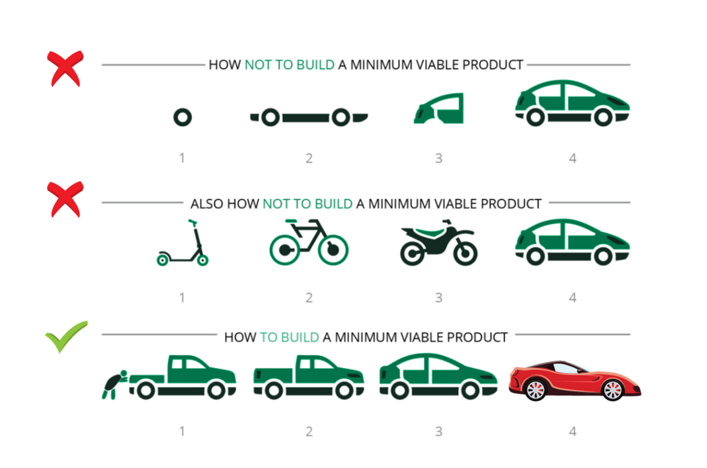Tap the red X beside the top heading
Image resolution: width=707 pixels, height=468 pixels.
point(66,68)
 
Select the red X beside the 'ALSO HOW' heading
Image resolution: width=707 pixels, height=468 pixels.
point(66,199)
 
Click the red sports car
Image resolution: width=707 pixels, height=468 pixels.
point(574,380)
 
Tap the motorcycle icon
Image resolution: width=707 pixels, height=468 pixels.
point(439,243)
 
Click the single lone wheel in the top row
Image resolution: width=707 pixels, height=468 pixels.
point(182,118)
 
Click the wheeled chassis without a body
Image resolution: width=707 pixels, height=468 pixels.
point(309,118)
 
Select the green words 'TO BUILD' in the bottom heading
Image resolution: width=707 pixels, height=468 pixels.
point(289,338)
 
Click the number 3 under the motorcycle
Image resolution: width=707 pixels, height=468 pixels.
point(438,298)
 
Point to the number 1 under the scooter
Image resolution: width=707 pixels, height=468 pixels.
point(182,298)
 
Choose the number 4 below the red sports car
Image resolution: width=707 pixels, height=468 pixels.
point(572,432)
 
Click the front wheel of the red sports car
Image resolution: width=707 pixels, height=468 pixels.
point(613,390)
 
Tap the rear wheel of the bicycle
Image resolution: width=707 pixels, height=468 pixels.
point(286,249)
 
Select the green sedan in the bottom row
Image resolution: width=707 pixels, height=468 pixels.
point(438,377)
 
